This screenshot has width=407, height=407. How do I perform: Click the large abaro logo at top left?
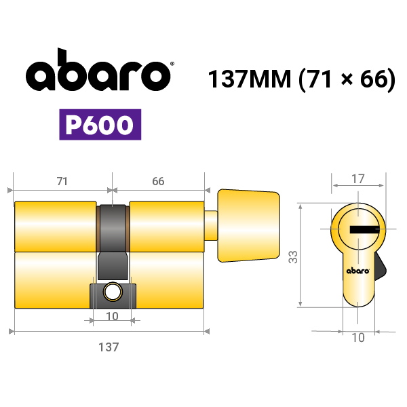[x=98, y=70]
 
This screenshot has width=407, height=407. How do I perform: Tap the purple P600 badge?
[x=100, y=125]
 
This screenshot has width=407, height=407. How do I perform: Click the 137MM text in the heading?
[x=250, y=79]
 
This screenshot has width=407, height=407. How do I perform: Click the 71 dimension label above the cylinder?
[x=62, y=181]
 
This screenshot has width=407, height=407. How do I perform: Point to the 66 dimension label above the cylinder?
[x=158, y=181]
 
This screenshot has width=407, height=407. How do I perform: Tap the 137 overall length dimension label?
[x=109, y=347]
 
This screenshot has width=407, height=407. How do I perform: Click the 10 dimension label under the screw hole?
[x=112, y=316]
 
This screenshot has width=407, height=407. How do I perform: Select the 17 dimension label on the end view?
[x=358, y=179]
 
